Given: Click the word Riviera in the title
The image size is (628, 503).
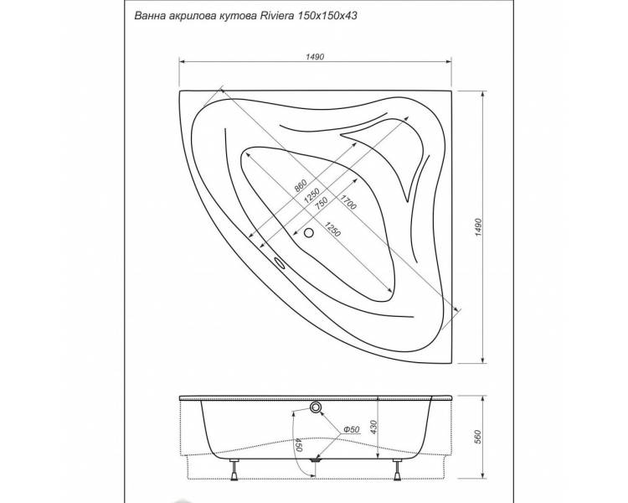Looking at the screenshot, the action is point(277,16).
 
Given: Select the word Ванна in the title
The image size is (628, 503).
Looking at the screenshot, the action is point(147,16).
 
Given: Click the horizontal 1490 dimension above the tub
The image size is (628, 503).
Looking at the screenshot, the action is point(315,57).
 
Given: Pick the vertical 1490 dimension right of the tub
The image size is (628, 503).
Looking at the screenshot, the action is point(478,228).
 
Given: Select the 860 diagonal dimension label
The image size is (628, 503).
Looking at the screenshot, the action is point(301,185).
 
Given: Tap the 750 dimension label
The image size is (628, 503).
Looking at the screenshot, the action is point(321,203).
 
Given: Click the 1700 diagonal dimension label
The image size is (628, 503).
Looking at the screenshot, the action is point(347,202).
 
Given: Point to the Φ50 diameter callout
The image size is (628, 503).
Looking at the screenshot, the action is point(351,429).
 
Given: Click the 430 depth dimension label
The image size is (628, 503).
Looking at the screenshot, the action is point(373,428).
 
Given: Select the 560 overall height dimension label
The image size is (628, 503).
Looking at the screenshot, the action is point(477,437).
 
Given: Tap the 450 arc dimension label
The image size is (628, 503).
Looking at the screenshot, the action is point(297,444).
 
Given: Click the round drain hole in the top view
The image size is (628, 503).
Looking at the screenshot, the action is point(309,232).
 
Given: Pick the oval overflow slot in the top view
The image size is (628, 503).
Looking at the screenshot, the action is point(279,262).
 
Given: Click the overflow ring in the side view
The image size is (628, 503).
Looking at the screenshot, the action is point(316,407).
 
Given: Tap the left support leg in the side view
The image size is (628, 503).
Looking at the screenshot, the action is point(234,469).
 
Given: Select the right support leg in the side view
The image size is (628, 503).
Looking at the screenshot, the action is point(397,469).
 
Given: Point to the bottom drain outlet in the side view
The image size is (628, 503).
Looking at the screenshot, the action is point(316,460).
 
